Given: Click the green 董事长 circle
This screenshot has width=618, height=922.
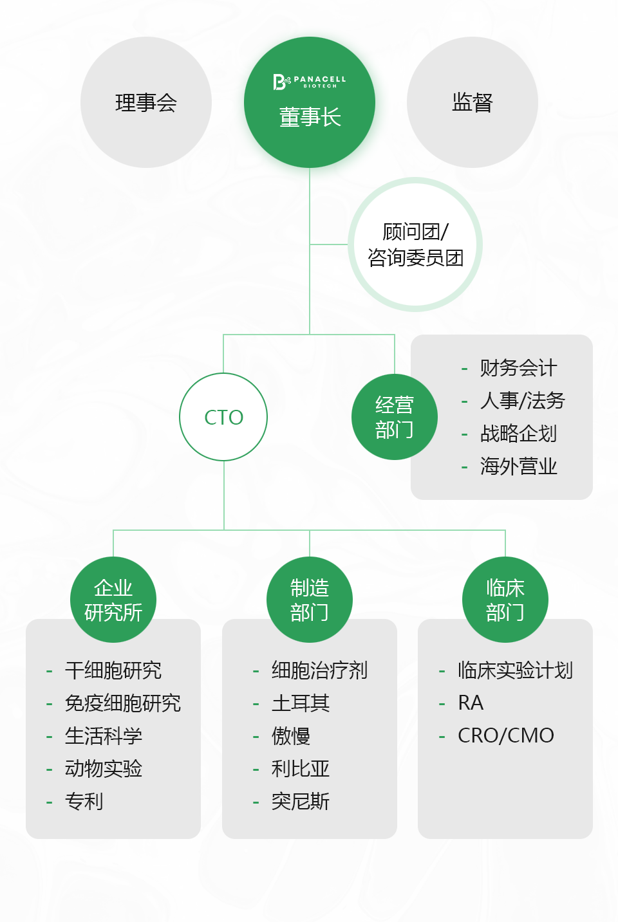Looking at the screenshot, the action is click(x=310, y=102).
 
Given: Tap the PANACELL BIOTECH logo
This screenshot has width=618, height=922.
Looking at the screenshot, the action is click(x=310, y=82).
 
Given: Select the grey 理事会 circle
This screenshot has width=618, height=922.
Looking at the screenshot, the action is click(x=146, y=102).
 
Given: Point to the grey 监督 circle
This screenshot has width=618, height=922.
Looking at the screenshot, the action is click(x=473, y=102).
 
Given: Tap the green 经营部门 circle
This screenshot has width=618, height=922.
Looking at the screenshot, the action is click(x=395, y=416).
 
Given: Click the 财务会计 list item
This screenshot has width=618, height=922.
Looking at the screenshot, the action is click(x=518, y=367).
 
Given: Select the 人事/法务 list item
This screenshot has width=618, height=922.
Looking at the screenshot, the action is click(x=523, y=400).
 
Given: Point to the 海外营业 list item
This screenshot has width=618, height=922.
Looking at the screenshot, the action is click(x=518, y=466).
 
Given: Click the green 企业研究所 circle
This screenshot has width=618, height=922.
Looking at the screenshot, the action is click(x=113, y=599).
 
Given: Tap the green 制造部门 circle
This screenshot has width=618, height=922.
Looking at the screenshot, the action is click(x=310, y=599).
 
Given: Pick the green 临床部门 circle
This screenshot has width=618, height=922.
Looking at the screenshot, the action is click(x=505, y=599).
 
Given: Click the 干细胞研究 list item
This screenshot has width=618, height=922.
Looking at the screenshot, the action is click(x=113, y=670).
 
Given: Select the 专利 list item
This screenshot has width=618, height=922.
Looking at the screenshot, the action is click(x=84, y=801).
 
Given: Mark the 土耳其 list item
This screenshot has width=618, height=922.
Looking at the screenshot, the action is click(x=301, y=703).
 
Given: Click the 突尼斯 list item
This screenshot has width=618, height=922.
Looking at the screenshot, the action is click(x=301, y=801).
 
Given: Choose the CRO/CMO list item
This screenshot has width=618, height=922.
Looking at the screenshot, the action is click(x=506, y=735).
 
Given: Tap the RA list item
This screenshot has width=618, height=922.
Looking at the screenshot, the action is click(x=471, y=703).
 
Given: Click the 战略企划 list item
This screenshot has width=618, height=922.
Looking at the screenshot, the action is click(x=518, y=434).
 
